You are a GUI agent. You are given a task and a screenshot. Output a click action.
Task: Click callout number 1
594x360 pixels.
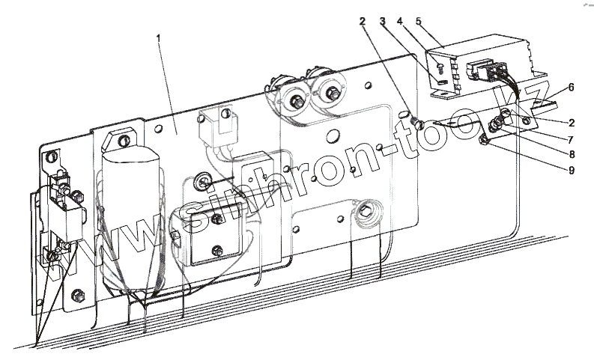point(159,36)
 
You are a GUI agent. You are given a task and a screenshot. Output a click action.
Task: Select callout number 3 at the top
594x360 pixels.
point(383,22)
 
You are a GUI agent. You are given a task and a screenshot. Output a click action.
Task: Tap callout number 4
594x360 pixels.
point(401,22)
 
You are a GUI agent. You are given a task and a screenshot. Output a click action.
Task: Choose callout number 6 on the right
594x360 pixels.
point(572,88)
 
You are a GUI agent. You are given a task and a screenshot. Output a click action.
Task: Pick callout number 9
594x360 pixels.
point(572,154)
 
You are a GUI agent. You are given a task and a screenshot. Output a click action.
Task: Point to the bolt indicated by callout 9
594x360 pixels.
point(485,138)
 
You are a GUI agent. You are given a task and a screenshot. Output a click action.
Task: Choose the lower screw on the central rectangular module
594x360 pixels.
point(218,250)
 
